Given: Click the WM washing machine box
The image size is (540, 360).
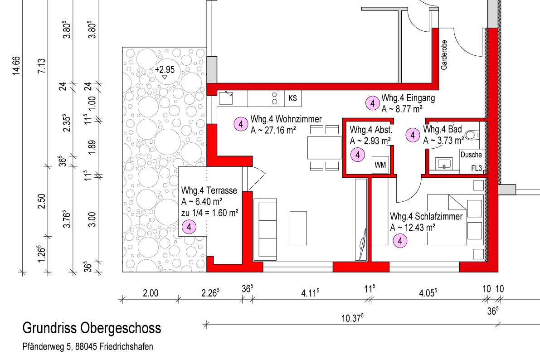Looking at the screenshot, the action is (x=380, y=165).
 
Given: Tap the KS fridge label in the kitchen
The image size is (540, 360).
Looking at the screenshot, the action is (x=292, y=98).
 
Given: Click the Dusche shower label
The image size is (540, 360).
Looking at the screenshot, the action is (x=471, y=155).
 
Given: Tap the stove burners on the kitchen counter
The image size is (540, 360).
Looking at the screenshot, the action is (x=274, y=98).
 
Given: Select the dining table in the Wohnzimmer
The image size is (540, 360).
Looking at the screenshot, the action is (x=325, y=148).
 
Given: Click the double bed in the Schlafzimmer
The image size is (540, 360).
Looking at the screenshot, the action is (x=456, y=220).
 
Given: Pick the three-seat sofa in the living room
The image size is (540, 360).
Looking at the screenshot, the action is (x=265, y=229).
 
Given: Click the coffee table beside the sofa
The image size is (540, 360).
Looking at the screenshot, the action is (x=298, y=228).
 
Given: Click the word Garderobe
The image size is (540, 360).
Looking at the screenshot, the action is (x=444, y=55).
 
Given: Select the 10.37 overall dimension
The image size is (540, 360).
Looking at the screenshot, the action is (x=352, y=318).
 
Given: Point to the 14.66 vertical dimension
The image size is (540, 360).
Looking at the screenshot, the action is (x=16, y=65).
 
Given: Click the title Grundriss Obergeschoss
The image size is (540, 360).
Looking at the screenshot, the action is (x=92, y=328).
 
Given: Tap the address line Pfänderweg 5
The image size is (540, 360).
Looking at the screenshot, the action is (x=88, y=346).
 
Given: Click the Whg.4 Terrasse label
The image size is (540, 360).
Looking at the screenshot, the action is (x=209, y=190).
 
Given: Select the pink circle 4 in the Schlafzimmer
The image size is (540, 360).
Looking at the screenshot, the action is (x=400, y=241).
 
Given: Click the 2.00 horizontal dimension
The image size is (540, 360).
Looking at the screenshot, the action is (x=151, y=293).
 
